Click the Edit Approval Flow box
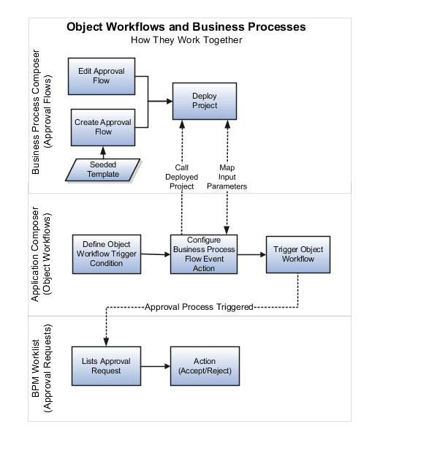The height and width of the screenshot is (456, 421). point(102,76)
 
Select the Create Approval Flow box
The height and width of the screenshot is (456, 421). point(103,127)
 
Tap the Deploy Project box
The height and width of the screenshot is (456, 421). point(205,101)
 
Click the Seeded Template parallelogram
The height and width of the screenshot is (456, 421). point(102,170)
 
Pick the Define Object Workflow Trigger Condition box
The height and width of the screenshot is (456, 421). point(107,254)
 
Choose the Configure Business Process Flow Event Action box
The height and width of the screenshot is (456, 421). point(204,254)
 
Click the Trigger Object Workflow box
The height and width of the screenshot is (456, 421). point(298,254)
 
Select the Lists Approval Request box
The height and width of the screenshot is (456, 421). point(106,365)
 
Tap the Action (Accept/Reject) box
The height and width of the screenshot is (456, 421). point(205,365)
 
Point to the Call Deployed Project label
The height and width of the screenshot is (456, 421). point(181,177)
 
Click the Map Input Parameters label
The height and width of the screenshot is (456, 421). point(227,177)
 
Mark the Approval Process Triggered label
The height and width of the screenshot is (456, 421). point(199,307)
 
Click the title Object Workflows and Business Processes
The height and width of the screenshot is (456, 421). point(186,27)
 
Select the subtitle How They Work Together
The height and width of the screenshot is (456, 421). point(186,40)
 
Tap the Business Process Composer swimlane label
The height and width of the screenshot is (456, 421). point(42,113)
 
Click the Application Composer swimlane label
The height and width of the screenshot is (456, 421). point(42,254)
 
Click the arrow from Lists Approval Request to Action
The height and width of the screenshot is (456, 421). point(155,365)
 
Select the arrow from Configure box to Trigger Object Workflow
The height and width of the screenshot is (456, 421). point(251,254)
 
